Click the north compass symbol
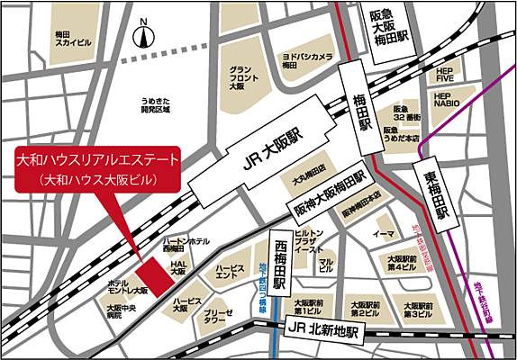click(x=142, y=36)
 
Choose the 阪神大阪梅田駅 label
click(x=328, y=196)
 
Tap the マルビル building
click(x=326, y=264)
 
